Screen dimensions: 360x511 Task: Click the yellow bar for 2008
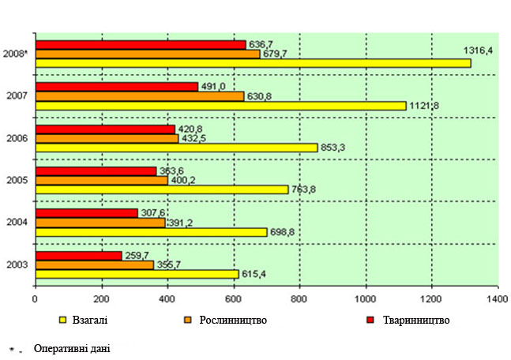(x=253, y=63)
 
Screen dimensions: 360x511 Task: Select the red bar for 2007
(x=117, y=87)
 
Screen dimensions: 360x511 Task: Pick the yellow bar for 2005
(x=162, y=189)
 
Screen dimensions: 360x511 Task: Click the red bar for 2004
(x=87, y=212)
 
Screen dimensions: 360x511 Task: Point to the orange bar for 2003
(x=95, y=264)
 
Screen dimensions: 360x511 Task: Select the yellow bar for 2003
(x=137, y=274)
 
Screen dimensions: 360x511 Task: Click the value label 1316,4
(x=479, y=51)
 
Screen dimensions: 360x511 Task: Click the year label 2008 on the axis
(x=17, y=54)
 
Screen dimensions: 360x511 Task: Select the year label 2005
(x=17, y=180)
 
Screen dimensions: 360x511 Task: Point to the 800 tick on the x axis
(x=299, y=300)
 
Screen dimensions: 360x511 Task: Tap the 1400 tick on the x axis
(x=497, y=300)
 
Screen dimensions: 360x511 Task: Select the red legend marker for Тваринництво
(x=370, y=320)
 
